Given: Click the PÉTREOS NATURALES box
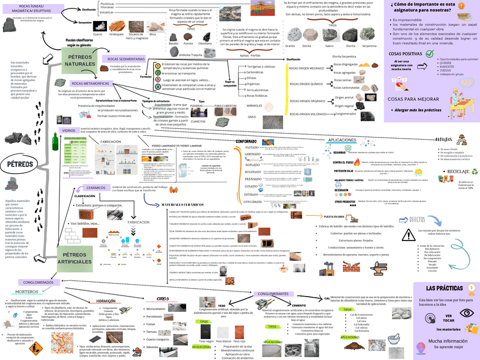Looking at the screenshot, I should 80,61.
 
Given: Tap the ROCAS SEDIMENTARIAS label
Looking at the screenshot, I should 124,59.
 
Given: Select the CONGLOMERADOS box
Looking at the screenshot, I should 38,282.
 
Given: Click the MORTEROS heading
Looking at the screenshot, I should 27,292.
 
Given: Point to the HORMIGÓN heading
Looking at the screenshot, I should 106,301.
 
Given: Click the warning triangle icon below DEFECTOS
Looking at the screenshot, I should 409,235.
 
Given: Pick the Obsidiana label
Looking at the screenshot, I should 205,43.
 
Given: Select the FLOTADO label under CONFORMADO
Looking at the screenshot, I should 252,147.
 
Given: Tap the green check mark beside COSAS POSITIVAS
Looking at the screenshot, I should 429,54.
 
